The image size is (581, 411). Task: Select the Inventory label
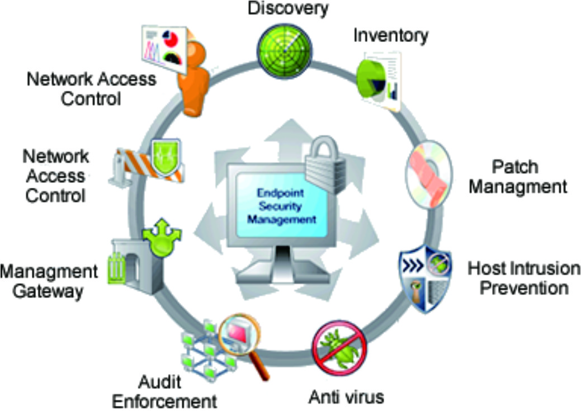click(x=390, y=35)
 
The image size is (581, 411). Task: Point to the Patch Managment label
click(x=517, y=176)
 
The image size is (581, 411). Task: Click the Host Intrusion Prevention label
click(x=523, y=278)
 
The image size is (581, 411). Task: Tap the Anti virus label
click(x=347, y=397)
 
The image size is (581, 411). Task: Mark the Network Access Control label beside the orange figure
click(x=91, y=88)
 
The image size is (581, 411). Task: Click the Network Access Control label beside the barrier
click(x=54, y=175)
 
